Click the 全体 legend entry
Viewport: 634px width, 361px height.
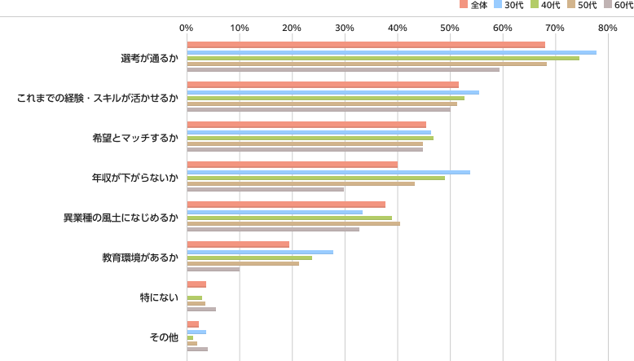tap(474, 5)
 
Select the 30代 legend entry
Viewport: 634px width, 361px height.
tap(509, 5)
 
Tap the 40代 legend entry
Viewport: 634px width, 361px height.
tap(545, 5)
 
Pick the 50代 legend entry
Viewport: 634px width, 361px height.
tap(582, 5)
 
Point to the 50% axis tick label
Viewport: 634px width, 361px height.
tap(450, 28)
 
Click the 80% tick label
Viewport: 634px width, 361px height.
tap(608, 28)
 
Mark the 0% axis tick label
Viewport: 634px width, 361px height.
tap(187, 28)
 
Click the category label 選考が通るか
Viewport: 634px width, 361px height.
tap(150, 58)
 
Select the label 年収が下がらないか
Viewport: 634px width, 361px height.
tap(135, 178)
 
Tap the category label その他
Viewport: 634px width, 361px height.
tap(164, 337)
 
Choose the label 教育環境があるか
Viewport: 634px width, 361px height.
tap(140, 258)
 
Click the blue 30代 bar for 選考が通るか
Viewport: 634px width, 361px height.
tap(392, 52)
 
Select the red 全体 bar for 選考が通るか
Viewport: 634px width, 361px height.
tap(366, 45)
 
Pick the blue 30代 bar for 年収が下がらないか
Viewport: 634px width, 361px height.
tap(328, 172)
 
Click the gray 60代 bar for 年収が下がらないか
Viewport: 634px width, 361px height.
tap(265, 189)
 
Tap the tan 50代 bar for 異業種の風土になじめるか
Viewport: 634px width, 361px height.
tap(293, 223)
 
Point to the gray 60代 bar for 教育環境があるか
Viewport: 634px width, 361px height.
tap(214, 269)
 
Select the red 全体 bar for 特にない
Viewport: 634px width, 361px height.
tap(196, 284)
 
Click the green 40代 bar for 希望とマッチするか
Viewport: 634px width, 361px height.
tap(310, 138)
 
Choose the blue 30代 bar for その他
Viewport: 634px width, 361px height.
tap(196, 332)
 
